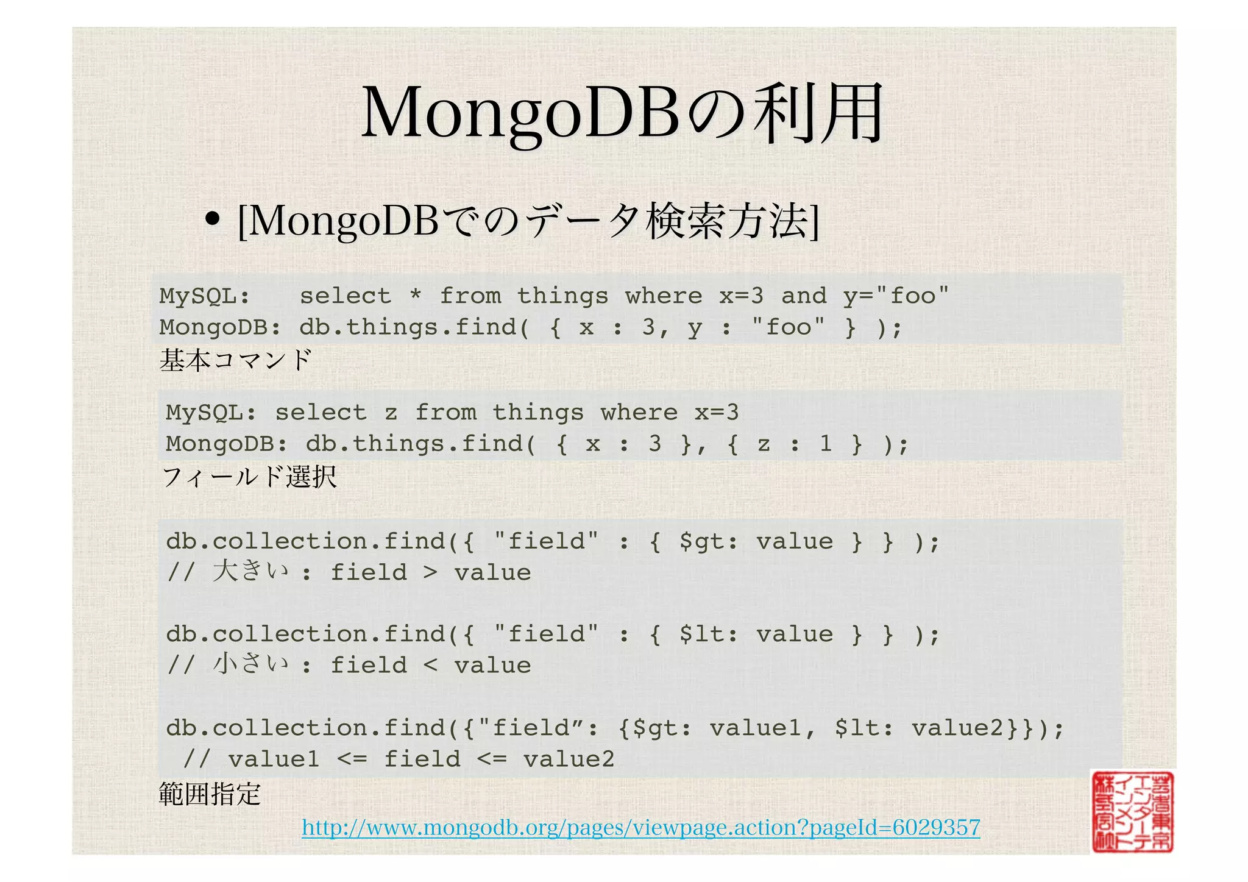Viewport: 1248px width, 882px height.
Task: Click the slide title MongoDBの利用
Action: coord(622,113)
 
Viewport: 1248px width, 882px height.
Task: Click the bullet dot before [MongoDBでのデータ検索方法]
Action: coord(212,219)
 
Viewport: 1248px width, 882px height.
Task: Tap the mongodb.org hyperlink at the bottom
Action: coord(640,827)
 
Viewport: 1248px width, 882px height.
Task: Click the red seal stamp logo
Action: coord(1132,811)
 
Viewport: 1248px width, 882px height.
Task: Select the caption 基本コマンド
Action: coord(235,360)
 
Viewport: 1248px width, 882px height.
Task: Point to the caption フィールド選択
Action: coord(249,476)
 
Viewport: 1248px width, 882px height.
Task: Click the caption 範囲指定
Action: coord(210,794)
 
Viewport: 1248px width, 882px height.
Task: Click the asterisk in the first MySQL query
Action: coord(415,296)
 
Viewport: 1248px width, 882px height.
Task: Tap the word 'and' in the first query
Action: coord(804,296)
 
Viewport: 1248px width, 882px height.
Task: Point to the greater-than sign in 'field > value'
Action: coord(430,573)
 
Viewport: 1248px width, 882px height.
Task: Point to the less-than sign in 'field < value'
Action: coord(430,666)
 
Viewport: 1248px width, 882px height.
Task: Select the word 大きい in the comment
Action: coord(250,572)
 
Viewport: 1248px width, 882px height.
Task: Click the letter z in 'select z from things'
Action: coord(391,413)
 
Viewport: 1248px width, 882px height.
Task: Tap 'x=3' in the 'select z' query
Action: coord(717,413)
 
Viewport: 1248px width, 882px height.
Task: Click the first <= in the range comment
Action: coord(352,759)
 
